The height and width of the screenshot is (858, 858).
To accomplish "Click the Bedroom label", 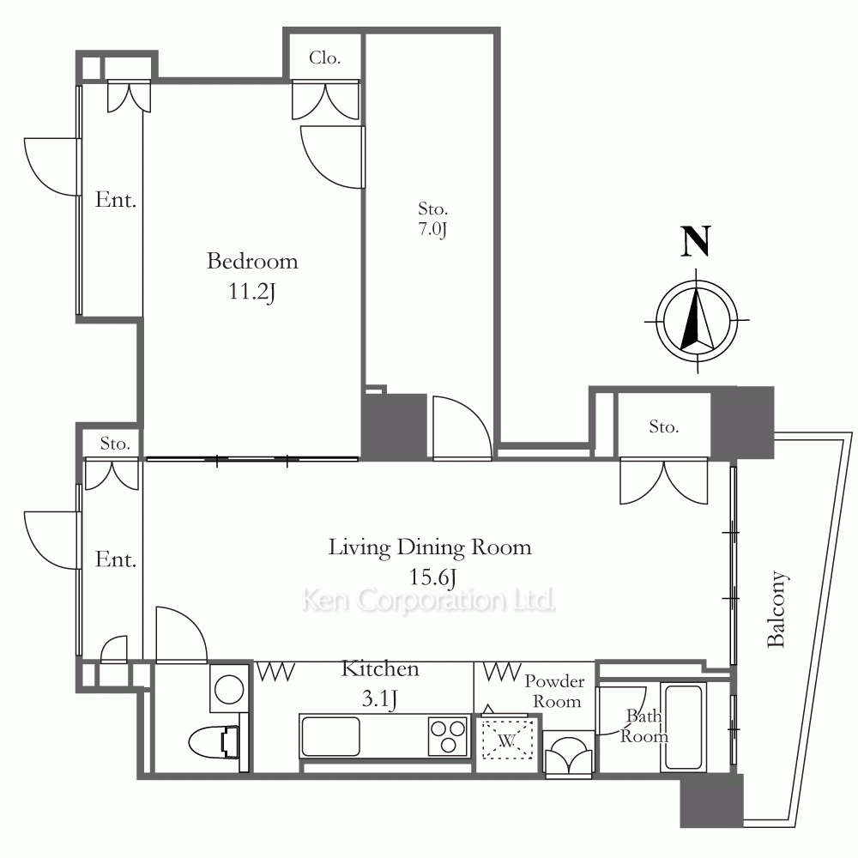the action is point(252,261).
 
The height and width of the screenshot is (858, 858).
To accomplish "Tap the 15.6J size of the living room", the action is point(432,577).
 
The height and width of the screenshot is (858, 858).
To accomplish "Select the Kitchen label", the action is point(380,668).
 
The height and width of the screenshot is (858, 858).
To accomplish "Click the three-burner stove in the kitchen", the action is point(448,736).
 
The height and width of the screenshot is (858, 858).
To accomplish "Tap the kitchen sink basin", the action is point(330,736).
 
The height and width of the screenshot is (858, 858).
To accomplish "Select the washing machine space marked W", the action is point(507,740).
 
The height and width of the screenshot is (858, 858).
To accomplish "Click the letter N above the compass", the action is point(696,241).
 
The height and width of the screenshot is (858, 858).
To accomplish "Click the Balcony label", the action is point(776,609).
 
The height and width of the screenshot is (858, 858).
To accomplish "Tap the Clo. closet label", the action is point(325,57).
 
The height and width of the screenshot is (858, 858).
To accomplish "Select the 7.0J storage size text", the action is point(432,229).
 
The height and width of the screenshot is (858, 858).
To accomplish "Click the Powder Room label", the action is point(555,691).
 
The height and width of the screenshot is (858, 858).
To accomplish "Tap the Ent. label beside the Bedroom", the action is point(116,200).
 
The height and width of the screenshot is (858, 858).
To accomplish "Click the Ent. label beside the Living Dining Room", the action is point(116,559).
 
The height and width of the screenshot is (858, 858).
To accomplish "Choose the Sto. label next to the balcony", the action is point(664,426).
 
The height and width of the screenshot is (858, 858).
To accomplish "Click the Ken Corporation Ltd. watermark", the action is point(428,601).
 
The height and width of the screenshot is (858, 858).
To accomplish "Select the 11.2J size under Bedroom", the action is point(251,292).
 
